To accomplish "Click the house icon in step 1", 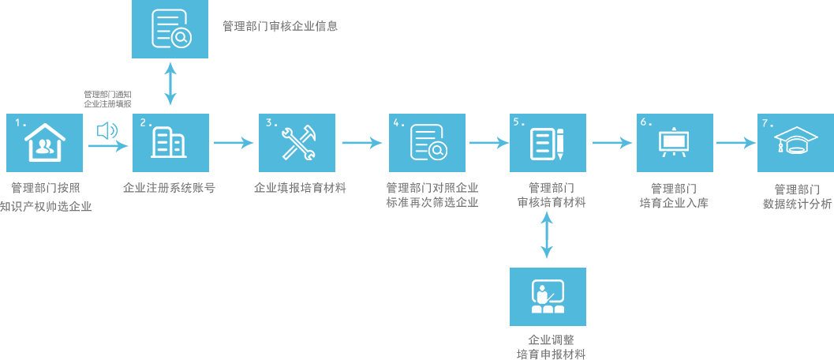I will [44, 143].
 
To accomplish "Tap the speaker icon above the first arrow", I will [107, 130].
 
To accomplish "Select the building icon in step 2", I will [170, 143].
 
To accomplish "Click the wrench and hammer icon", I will [297, 143].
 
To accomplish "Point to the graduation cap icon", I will [795, 143].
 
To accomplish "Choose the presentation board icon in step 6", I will [675, 143].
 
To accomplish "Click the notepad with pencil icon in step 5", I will [548, 143].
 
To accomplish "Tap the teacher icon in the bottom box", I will [548, 297].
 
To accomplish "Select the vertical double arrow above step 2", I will [170, 85].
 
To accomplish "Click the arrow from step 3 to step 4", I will [362, 143].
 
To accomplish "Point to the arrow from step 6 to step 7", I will [735, 143].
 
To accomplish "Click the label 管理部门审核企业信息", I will [280, 26].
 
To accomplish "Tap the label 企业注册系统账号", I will [170, 189].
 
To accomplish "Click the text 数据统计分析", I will [797, 204].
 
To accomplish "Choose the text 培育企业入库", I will [674, 203].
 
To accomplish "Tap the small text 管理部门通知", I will [107, 94].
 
